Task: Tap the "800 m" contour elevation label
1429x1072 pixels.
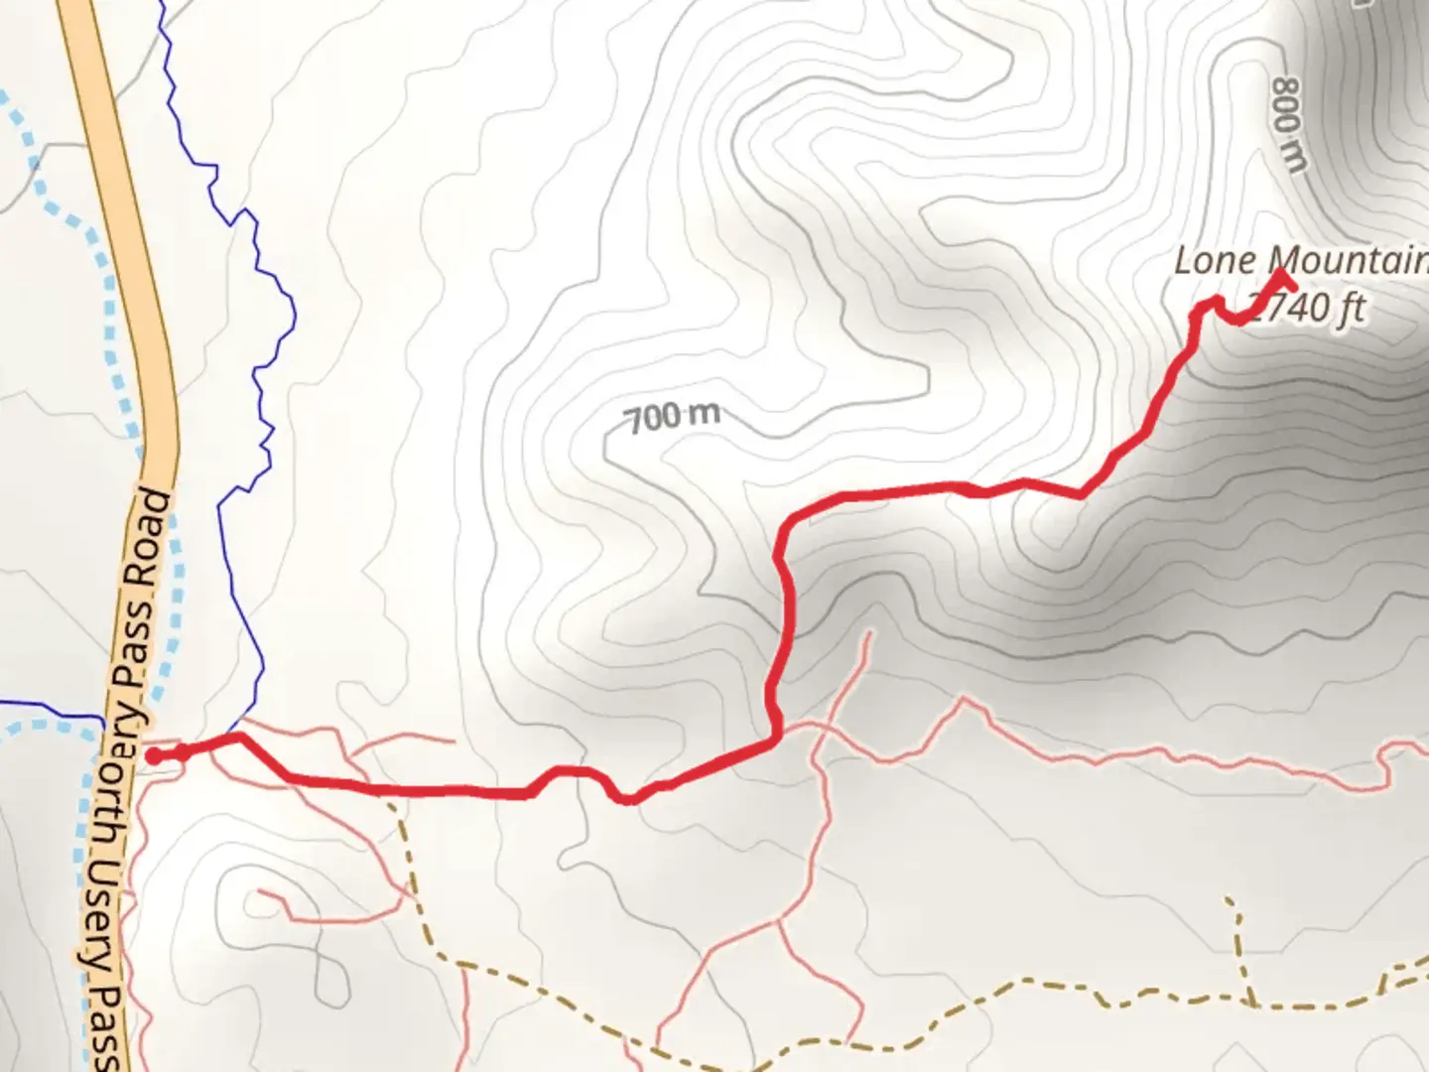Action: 1287,125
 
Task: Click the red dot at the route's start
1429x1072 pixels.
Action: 154,756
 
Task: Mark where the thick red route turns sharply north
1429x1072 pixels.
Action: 776,737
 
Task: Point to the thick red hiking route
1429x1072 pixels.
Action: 447,791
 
